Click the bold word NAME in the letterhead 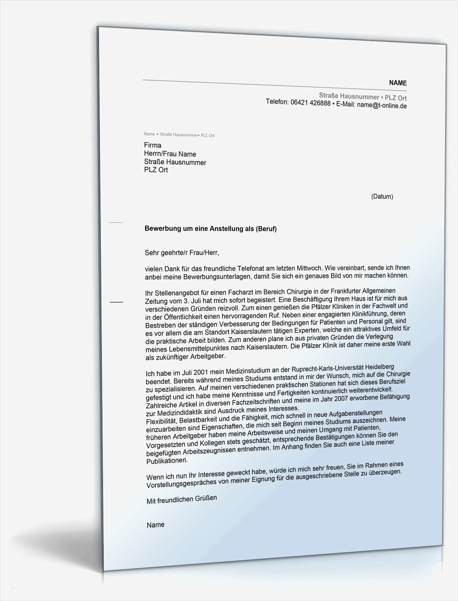pyautogui.click(x=398, y=83)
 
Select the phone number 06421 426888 pyautogui.click(x=310, y=103)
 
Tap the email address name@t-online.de pyautogui.click(x=382, y=105)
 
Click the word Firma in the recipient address pyautogui.click(x=153, y=145)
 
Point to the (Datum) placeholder pyautogui.click(x=382, y=196)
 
